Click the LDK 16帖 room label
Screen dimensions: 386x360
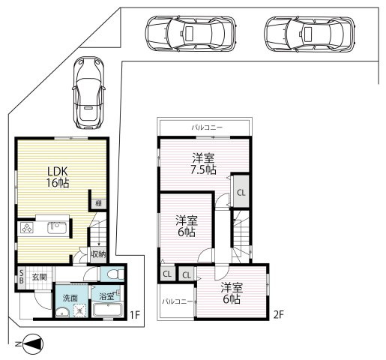point(58,177)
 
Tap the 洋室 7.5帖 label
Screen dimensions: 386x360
point(203,163)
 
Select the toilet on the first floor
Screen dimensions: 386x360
point(115,274)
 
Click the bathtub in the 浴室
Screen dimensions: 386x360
point(108,310)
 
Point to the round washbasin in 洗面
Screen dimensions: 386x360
point(62,312)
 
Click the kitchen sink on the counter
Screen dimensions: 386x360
point(57,227)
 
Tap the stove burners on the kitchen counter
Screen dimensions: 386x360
point(27,228)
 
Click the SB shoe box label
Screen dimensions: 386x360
point(22,276)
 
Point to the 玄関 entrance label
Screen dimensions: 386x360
point(39,277)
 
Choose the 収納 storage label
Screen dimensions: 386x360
point(98,254)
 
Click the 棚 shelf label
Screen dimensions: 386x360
point(98,203)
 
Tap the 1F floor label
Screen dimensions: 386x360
point(134,315)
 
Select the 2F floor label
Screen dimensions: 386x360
point(279,314)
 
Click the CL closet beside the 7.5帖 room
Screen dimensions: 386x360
point(241,193)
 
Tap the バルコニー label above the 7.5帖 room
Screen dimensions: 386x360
point(207,127)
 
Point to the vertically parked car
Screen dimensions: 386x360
point(88,93)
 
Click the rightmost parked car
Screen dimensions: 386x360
point(310,34)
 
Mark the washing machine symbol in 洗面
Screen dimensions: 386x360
point(80,310)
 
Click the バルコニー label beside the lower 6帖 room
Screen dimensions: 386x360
point(178,301)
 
